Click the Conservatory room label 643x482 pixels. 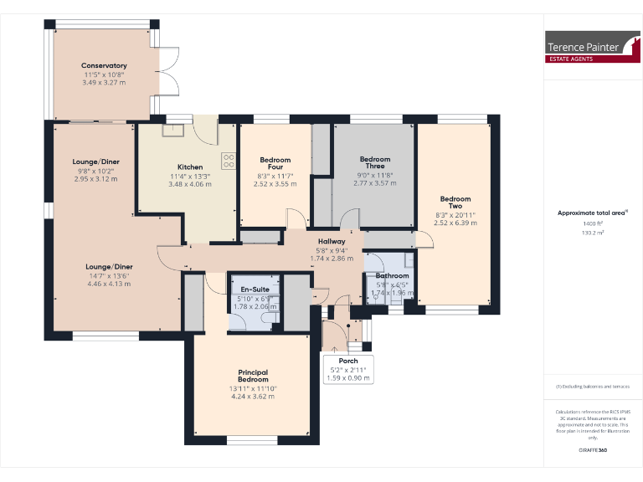104,65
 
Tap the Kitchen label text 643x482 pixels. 190,167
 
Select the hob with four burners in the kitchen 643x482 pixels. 228,161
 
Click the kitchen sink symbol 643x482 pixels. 178,128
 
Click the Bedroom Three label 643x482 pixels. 374,162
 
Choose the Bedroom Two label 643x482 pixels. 455,203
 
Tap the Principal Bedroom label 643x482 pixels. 252,374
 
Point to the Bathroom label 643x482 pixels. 392,275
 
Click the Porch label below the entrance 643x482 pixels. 347,361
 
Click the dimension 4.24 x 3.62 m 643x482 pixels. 252,396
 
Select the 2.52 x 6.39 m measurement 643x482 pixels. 455,223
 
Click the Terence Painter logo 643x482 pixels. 585,51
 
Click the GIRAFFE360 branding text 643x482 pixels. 593,451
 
